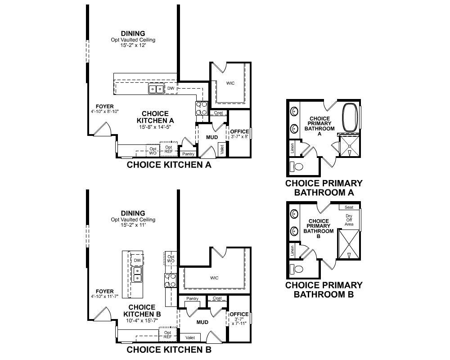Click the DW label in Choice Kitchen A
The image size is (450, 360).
click(x=171, y=88)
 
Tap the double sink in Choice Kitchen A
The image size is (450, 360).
click(x=156, y=89)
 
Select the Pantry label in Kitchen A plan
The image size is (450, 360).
click(x=188, y=154)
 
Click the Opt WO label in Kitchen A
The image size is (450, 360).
click(x=153, y=151)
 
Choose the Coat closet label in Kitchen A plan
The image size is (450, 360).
click(x=218, y=113)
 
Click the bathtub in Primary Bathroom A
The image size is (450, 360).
click(x=350, y=117)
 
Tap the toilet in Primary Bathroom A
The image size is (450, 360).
click(x=297, y=166)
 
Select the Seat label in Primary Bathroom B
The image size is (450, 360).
click(x=349, y=207)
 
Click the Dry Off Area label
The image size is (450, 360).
click(x=349, y=220)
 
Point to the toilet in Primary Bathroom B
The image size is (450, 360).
click(x=297, y=269)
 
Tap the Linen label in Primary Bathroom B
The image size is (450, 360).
click(x=292, y=251)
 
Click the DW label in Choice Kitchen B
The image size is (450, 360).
click(x=137, y=261)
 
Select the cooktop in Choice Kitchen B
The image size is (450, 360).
click(x=170, y=280)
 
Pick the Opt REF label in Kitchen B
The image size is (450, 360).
click(x=167, y=335)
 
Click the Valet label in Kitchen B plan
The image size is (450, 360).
click(x=190, y=337)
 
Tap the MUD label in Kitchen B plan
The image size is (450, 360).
click(x=202, y=322)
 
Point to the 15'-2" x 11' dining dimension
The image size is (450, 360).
click(x=133, y=225)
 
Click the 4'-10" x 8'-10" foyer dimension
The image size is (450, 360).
click(x=105, y=112)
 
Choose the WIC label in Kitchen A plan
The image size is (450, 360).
click(x=230, y=83)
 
